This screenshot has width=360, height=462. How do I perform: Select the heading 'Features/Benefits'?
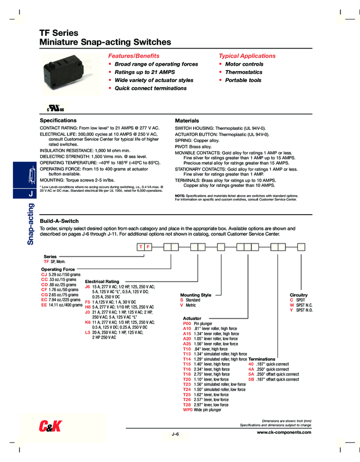coord(134,56)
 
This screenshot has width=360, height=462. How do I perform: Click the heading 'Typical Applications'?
coord(247,56)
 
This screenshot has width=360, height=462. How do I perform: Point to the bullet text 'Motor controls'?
coord(244,64)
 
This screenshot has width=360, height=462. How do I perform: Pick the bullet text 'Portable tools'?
coord(243,80)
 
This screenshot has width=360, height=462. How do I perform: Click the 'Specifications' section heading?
coord(58,120)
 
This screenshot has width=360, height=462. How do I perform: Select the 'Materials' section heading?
coord(187,120)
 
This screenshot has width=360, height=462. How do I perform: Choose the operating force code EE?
coord(44,305)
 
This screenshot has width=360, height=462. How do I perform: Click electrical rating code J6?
coord(88,286)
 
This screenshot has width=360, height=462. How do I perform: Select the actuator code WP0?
coord(188,410)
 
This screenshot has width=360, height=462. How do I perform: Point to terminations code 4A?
coord(251,369)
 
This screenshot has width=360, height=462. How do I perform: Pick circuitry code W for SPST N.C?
coord(292,305)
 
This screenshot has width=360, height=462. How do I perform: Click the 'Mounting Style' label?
coord(195,295)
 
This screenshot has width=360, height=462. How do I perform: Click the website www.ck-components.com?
coord(284,432)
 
